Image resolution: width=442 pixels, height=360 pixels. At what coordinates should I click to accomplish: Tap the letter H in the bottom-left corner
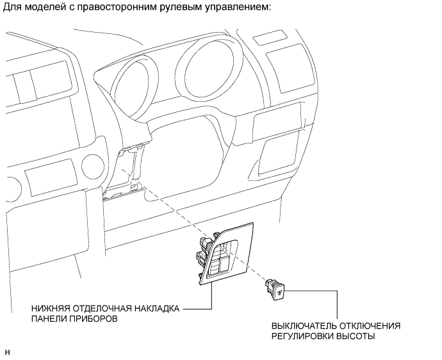7,352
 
